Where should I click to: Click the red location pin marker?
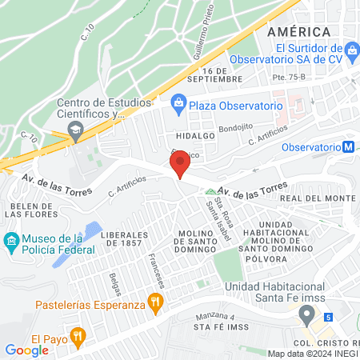pos(181,163)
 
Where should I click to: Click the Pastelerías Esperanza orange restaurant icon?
pos(156,304)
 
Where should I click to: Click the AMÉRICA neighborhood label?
pos(299,31)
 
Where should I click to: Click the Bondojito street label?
pos(235,127)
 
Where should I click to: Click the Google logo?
pos(26,350)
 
